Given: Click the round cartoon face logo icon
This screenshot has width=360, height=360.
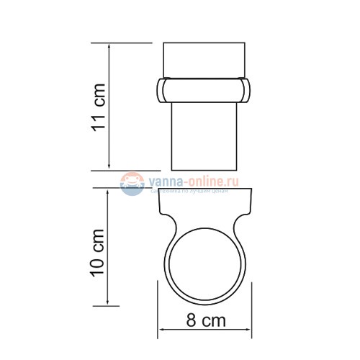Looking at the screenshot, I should pos(131,186).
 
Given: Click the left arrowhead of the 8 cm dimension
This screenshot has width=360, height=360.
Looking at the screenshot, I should pos(161,331).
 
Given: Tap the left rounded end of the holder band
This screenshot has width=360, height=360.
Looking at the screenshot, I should pos(161,90).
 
